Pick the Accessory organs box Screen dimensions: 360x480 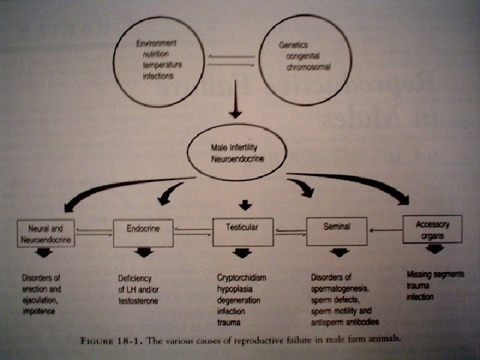[x=433, y=229]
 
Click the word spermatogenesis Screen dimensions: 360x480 [x=340, y=288]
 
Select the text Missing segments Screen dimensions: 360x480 [x=435, y=275]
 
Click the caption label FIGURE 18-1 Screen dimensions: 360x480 [x=104, y=339]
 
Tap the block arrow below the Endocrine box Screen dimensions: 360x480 [x=143, y=254]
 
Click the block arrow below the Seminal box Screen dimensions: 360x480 [x=340, y=253]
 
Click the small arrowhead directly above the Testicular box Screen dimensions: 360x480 [x=245, y=205]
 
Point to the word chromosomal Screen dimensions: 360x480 [x=308, y=68]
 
